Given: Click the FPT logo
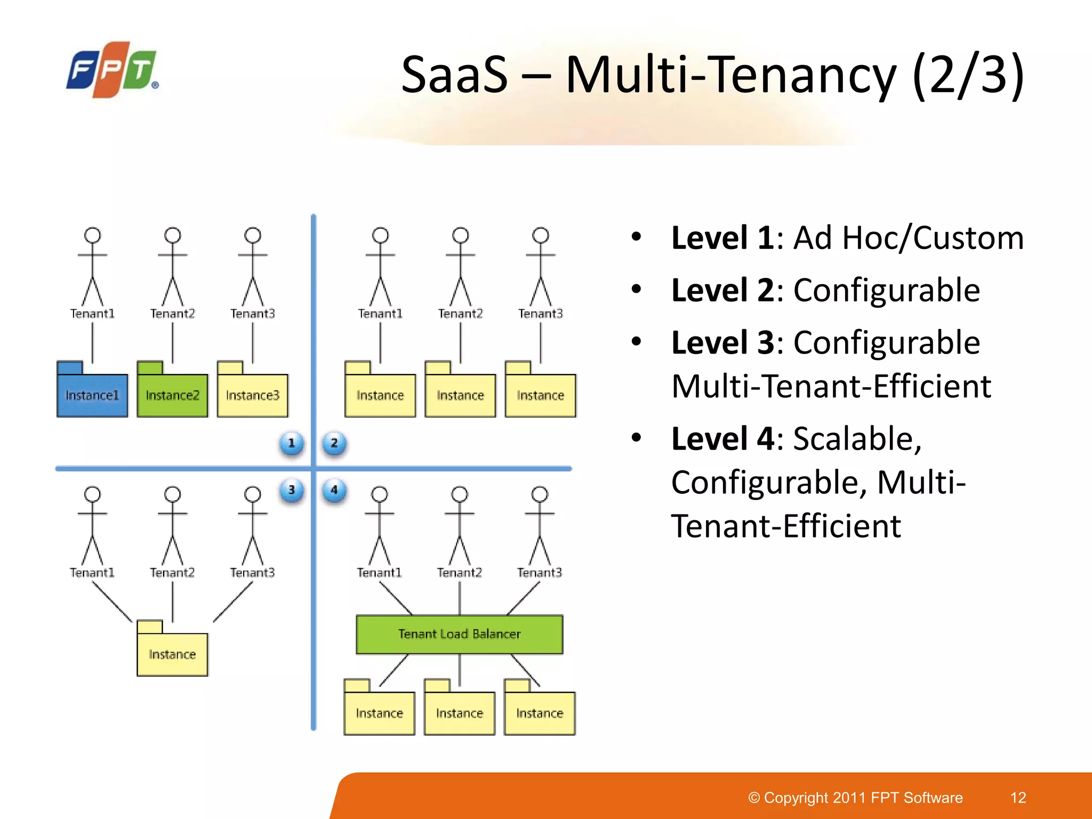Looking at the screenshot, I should pyautogui.click(x=113, y=69).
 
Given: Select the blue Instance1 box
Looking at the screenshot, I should pyautogui.click(x=92, y=395).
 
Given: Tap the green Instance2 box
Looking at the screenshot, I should pyautogui.click(x=172, y=395).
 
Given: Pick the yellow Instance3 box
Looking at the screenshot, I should pyautogui.click(x=253, y=395).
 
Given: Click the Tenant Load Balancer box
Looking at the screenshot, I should pyautogui.click(x=459, y=634).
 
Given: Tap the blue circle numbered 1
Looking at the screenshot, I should pyautogui.click(x=292, y=443).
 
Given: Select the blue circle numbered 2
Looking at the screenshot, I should pyautogui.click(x=334, y=443).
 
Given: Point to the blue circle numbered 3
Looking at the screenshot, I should pyautogui.click(x=292, y=490).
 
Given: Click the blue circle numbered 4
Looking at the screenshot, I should pyautogui.click(x=334, y=490).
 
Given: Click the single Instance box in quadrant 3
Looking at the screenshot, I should pyautogui.click(x=172, y=654).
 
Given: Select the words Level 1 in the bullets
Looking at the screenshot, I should pyautogui.click(x=722, y=238).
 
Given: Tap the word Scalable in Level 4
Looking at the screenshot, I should pyautogui.click(x=857, y=439).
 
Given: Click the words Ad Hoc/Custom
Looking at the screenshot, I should pyautogui.click(x=908, y=238).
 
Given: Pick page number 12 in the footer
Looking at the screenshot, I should pyautogui.click(x=1018, y=798).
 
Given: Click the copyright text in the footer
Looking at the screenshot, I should pyautogui.click(x=855, y=798).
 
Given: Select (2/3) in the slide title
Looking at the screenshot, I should pyautogui.click(x=968, y=75).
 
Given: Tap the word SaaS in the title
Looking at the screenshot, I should pyautogui.click(x=454, y=75).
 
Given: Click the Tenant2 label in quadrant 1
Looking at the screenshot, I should pyautogui.click(x=172, y=314).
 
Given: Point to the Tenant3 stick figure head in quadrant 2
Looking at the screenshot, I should pyautogui.click(x=540, y=235).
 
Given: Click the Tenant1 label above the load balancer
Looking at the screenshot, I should pyautogui.click(x=379, y=573).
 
